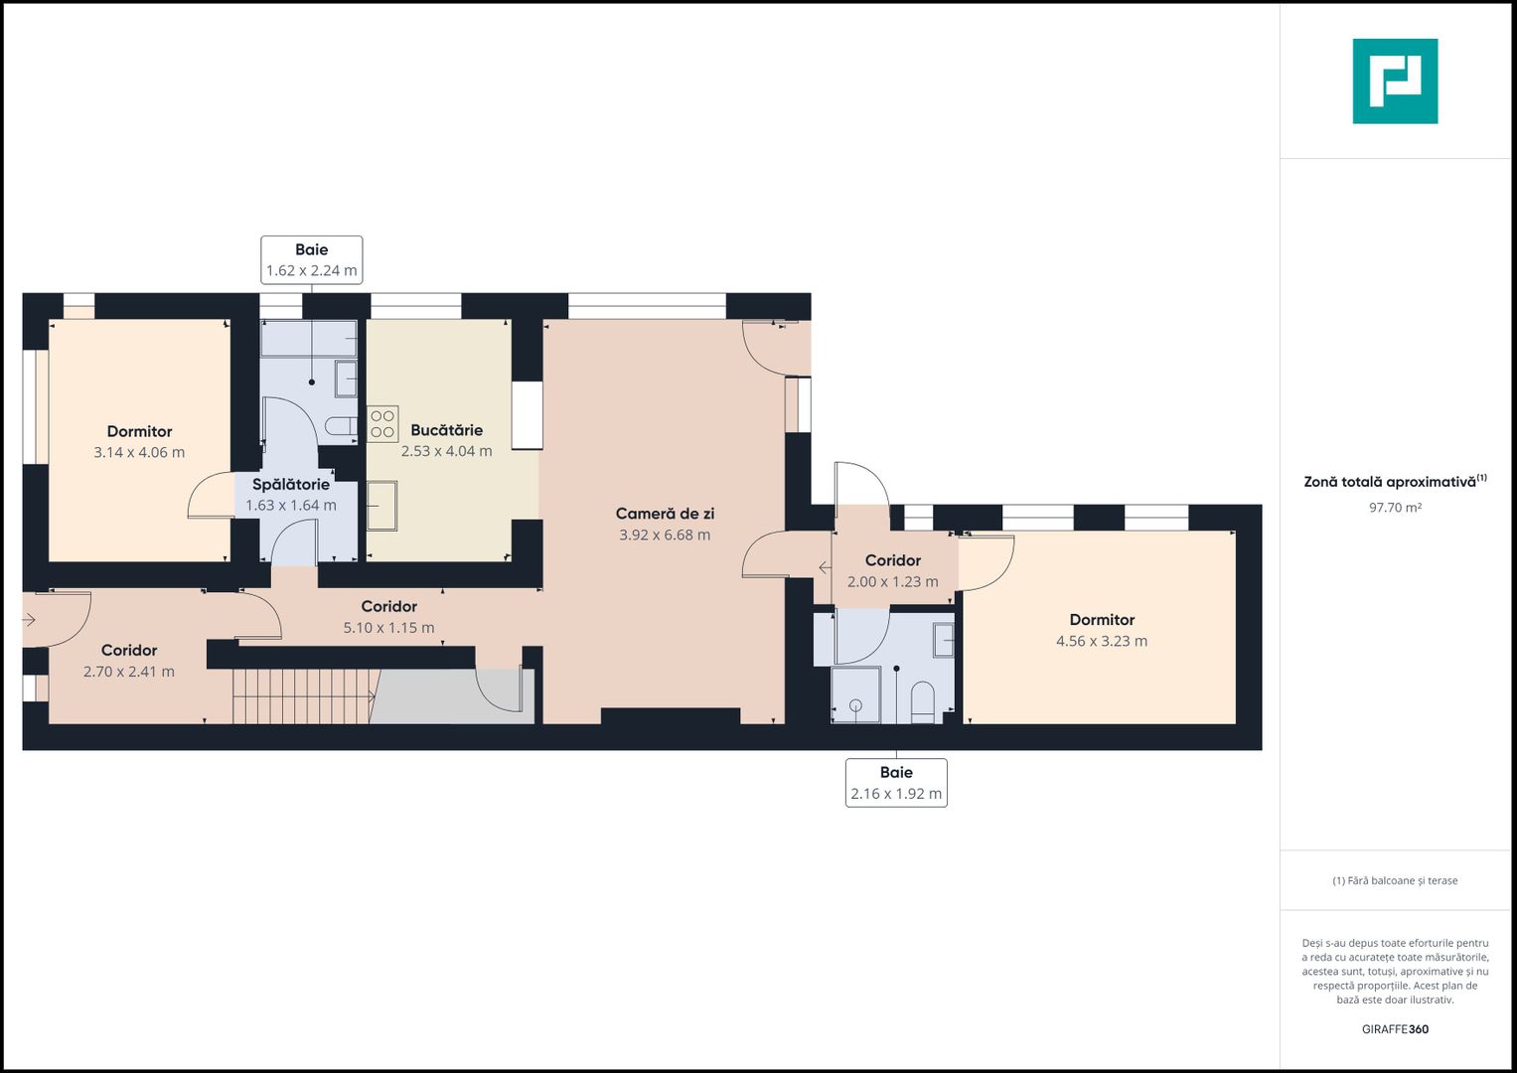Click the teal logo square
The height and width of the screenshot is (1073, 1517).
pyautogui.click(x=1395, y=81)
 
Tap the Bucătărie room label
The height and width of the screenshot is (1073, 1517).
pyautogui.click(x=446, y=430)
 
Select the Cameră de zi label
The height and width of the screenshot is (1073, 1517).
pyautogui.click(x=665, y=514)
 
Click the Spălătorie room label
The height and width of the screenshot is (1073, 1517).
pyautogui.click(x=290, y=485)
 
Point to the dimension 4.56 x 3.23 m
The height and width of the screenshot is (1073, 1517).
pyautogui.click(x=1102, y=641)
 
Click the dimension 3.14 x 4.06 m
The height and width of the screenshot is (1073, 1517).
pyautogui.click(x=139, y=452)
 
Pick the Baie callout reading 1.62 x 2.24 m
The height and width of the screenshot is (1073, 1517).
pyautogui.click(x=312, y=260)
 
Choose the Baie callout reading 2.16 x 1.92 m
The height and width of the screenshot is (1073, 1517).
pyautogui.click(x=896, y=783)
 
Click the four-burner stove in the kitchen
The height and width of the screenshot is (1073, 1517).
pyautogui.click(x=382, y=423)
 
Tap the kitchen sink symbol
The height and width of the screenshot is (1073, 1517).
pyautogui.click(x=381, y=506)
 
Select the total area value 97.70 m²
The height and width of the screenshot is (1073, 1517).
pyautogui.click(x=1395, y=507)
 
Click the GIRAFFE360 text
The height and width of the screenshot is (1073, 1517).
pyautogui.click(x=1395, y=1029)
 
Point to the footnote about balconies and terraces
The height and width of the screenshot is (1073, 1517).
pyautogui.click(x=1395, y=880)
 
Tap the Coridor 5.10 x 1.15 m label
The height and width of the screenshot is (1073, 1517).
pyautogui.click(x=388, y=616)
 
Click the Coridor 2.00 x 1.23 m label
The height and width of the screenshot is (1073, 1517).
pyautogui.click(x=892, y=570)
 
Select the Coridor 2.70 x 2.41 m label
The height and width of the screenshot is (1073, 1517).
pyautogui.click(x=129, y=661)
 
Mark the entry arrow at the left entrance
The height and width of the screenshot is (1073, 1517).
pyautogui.click(x=29, y=619)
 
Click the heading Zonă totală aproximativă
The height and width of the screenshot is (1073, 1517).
pyautogui.click(x=1395, y=481)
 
